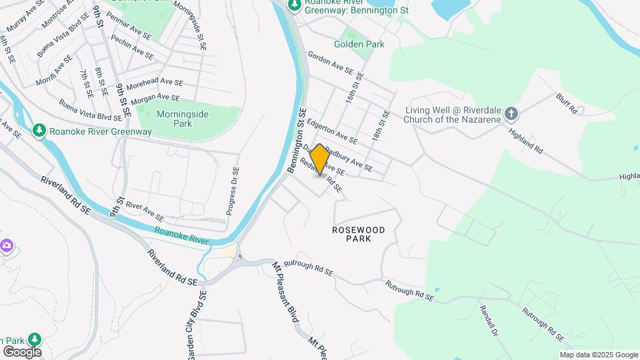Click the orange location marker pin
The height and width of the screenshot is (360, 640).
(x=319, y=159)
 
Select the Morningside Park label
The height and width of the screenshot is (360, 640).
(x=183, y=119)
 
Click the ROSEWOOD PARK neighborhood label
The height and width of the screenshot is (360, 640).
(x=359, y=233)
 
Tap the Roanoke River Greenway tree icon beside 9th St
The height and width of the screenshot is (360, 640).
(x=39, y=130)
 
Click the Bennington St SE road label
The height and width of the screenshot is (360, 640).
(x=297, y=141)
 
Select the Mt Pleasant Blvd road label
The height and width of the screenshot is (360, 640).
(x=284, y=292)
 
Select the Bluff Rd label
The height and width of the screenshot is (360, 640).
(x=566, y=104)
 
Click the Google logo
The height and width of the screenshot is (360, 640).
(x=21, y=351)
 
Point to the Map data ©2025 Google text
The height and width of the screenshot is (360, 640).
(x=598, y=355)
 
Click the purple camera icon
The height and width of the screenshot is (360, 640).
(x=6, y=246)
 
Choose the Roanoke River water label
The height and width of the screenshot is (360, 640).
(x=181, y=236)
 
